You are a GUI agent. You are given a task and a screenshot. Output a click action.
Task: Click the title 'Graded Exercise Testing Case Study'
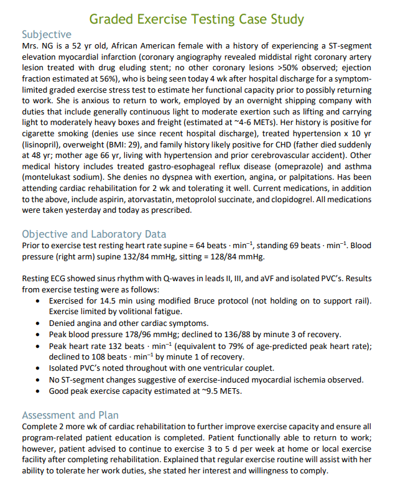pyautogui.click(x=197, y=19)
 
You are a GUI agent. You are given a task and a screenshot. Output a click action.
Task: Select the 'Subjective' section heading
pyautogui.click(x=47, y=34)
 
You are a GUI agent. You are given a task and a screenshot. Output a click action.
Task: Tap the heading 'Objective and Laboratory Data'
pyautogui.click(x=94, y=234)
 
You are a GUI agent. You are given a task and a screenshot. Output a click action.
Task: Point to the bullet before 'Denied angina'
pyautogui.click(x=40, y=323)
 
